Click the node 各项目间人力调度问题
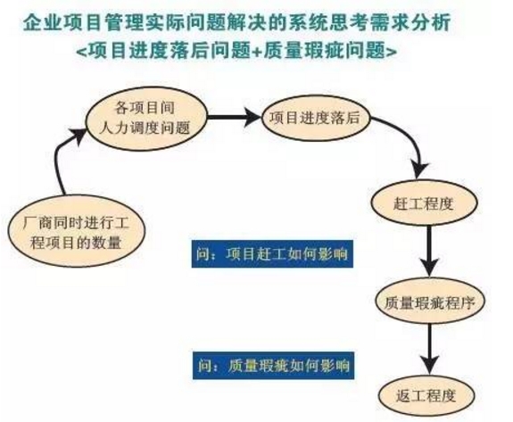coord(146,119)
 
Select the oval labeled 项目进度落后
coord(316,118)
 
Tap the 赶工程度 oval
coord(424,203)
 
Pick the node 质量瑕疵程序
coord(429,302)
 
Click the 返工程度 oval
coord(426,395)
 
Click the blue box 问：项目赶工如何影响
coord(272,254)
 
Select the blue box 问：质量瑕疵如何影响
coord(274,366)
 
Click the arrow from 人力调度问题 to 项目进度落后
coord(235,117)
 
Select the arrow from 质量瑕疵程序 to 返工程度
coord(429,350)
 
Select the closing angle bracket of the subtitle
coord(392,52)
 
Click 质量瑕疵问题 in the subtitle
coord(324,52)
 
